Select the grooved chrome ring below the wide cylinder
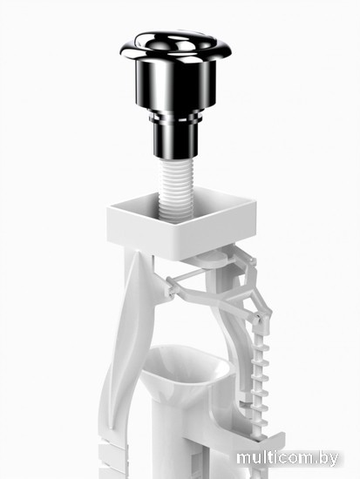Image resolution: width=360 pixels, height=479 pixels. (175, 117)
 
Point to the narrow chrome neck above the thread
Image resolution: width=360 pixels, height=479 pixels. (175, 140)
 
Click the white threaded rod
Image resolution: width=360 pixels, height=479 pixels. (175, 189)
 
